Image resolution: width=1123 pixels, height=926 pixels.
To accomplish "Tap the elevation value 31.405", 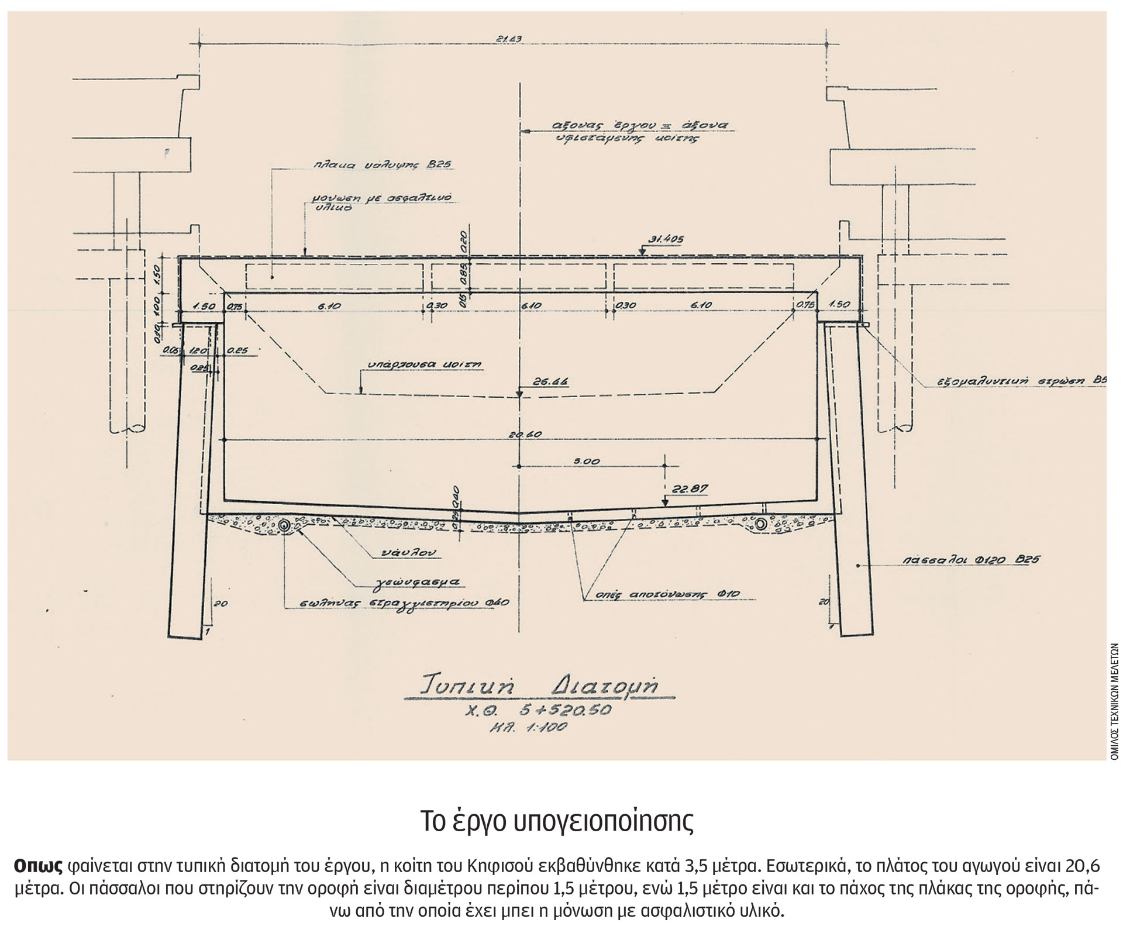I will [666, 239].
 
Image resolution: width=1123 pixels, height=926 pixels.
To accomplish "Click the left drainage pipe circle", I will [284, 525].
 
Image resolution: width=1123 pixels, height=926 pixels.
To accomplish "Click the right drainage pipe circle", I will [761, 524].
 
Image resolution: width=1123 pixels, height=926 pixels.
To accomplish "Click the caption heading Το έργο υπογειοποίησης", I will [557, 822].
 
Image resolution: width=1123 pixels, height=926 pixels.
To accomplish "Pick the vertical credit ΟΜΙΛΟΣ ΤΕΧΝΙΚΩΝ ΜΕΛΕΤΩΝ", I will [1114, 701].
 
